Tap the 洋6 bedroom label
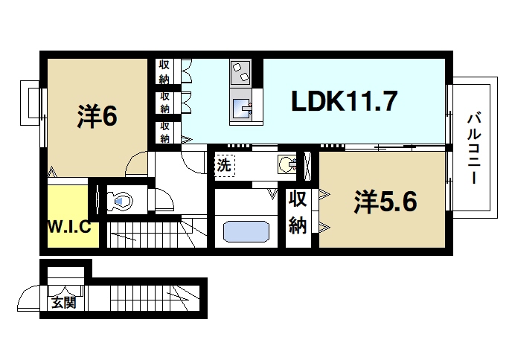point(97,116)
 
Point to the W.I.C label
point(70,227)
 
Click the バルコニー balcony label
point(473,149)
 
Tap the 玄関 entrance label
point(64,303)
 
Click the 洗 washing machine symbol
point(224,164)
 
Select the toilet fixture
point(119,200)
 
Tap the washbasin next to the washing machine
point(287,164)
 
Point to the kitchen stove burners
point(242,73)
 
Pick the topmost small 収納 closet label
point(164,71)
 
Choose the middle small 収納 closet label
point(164,102)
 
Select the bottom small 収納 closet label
point(164,132)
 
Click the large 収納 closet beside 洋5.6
point(298,213)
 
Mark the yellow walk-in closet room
point(69,216)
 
